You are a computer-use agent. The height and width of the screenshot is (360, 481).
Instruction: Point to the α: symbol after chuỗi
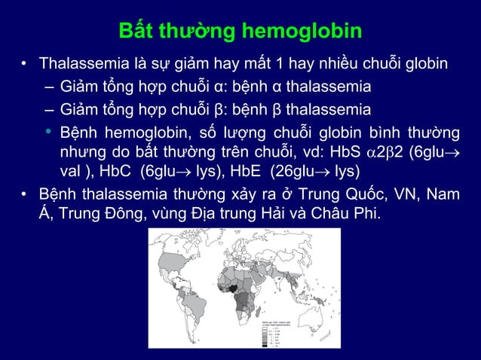pos(226,86)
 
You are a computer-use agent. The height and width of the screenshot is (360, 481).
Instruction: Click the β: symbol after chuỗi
pos(225,109)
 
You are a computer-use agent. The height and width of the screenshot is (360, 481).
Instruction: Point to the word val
pos(71,172)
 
